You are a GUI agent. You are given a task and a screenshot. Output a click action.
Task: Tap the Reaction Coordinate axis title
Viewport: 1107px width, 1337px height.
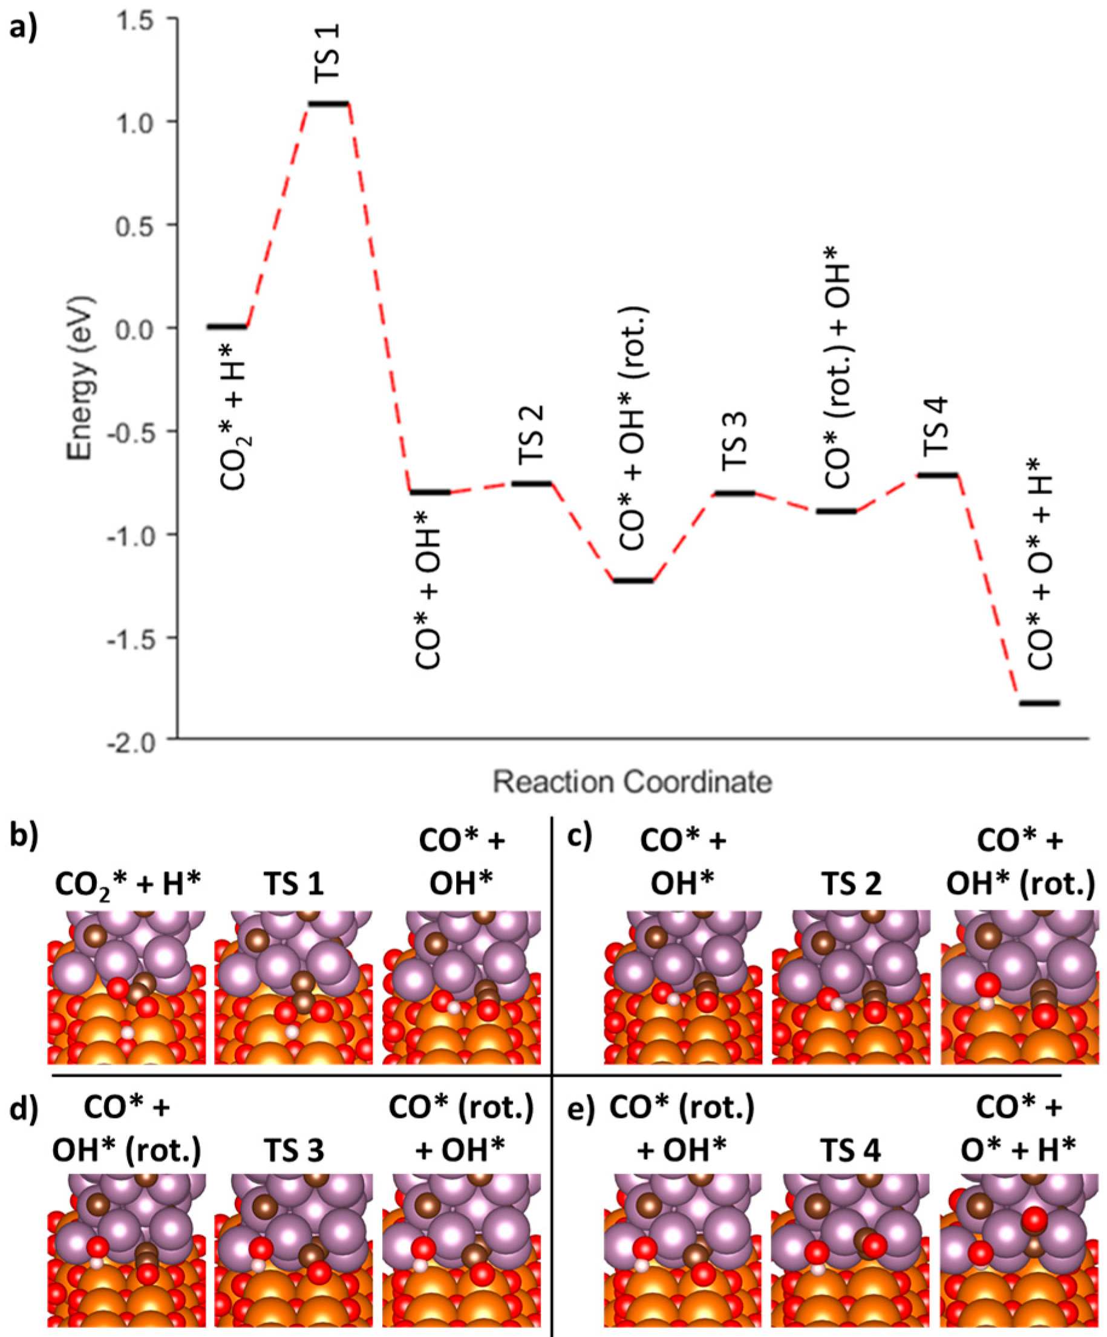(x=633, y=782)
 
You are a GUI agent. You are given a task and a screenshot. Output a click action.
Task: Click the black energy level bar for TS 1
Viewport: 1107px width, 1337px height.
(x=328, y=102)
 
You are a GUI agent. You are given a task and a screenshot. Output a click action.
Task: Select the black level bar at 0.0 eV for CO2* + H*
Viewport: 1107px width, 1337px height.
(x=227, y=327)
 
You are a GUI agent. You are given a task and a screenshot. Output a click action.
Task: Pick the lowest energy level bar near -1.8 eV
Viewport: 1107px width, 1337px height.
(x=1039, y=704)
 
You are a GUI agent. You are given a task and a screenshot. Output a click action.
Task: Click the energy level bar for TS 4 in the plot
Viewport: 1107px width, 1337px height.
(x=937, y=475)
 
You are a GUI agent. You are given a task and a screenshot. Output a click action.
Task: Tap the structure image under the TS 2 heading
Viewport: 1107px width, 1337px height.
(x=851, y=987)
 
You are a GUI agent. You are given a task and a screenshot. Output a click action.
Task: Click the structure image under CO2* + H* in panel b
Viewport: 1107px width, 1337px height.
(x=126, y=987)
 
